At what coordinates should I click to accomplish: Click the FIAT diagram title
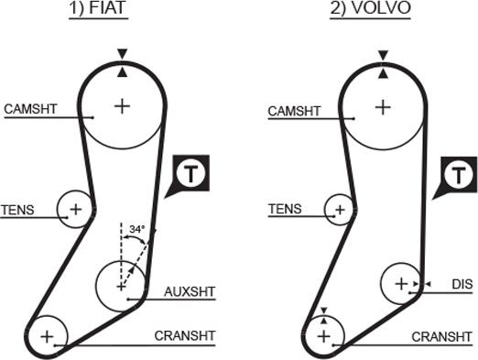[122, 11]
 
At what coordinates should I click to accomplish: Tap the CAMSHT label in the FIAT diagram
[31, 109]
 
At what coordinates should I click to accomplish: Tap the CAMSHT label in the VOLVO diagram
[294, 112]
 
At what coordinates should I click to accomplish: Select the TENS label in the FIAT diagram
[17, 210]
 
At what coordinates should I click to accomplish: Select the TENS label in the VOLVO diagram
[285, 209]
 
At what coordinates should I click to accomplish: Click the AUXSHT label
[190, 292]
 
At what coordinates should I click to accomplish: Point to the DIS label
[462, 285]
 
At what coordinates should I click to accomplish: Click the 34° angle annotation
[137, 228]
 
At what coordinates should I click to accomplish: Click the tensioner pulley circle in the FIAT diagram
[75, 210]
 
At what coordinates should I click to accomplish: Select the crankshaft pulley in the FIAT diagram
[48, 336]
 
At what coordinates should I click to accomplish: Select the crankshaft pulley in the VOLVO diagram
[322, 336]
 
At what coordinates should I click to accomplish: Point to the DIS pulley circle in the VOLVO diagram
[400, 284]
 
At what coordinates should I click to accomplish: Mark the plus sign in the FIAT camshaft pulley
[122, 106]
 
